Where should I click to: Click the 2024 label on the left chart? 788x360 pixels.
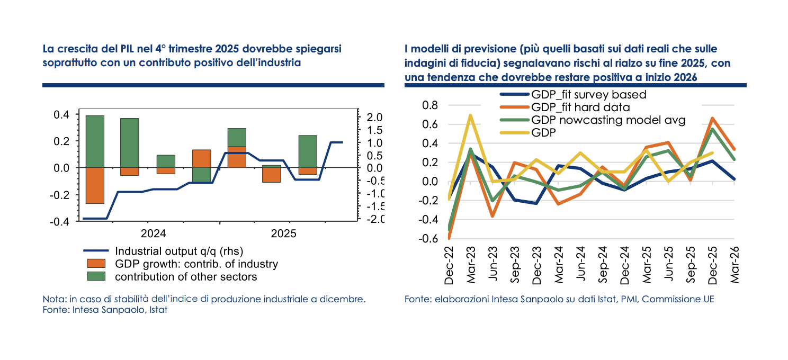pos(154,233)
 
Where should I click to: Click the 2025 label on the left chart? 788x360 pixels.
pos(284,233)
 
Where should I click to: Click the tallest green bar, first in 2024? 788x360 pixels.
pos(95,141)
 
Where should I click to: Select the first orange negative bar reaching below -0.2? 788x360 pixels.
pos(95,185)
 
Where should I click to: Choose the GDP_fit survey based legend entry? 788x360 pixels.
pos(588,95)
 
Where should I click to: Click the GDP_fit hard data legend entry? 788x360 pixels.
pos(579,107)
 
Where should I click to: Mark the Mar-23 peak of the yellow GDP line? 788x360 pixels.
pos(470,115)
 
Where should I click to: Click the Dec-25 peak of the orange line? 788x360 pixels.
pos(712,119)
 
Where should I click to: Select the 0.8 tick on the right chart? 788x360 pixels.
pos(430,105)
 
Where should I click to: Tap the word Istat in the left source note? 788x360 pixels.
pos(157,310)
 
